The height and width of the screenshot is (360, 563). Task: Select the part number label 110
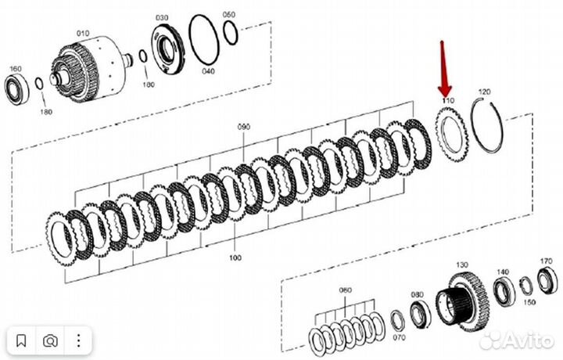point(447,102)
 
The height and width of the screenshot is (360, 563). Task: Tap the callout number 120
point(483,92)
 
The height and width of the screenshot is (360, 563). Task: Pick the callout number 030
point(162,17)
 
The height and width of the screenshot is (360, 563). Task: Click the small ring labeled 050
point(231,31)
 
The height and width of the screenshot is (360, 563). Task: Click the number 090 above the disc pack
point(244,126)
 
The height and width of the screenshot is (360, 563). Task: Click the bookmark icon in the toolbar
point(22,340)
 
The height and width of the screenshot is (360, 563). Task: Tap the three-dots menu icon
point(78,340)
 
